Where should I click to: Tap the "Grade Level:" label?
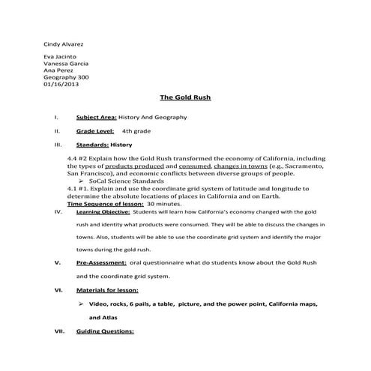[94, 131]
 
